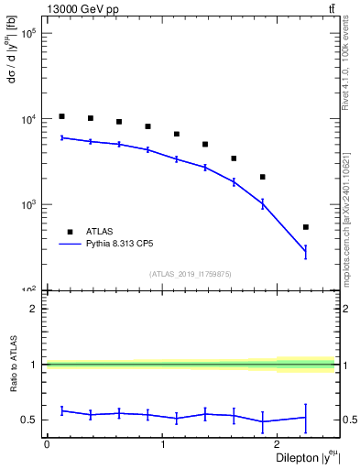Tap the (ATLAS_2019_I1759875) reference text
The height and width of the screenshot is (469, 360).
(x=191, y=274)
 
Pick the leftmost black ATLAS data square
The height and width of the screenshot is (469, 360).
(x=61, y=116)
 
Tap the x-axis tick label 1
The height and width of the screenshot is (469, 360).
(x=162, y=443)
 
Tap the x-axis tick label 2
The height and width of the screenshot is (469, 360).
(x=278, y=443)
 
